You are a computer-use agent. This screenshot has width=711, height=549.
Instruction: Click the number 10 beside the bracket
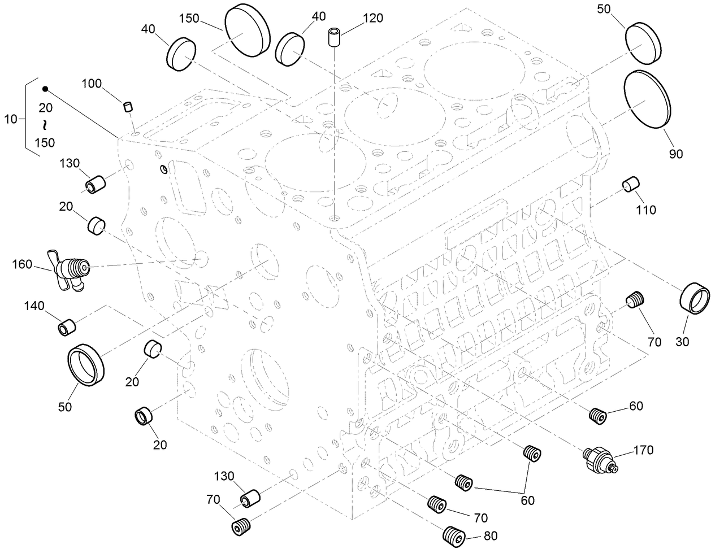pos(11,119)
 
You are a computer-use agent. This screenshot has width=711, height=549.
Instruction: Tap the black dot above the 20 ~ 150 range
pos(45,89)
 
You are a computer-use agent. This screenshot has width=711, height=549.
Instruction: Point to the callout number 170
pos(643,450)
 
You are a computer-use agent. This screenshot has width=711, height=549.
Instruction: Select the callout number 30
pos(682,341)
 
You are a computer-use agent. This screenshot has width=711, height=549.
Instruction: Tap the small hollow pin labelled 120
pos(333,37)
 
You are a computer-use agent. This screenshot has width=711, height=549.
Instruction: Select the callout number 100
pos(92,84)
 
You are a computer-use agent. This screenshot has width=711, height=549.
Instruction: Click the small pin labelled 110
pos(630,184)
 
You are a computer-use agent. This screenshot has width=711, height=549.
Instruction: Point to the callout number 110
pos(645,210)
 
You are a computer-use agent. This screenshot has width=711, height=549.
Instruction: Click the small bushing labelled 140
pos(67,327)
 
